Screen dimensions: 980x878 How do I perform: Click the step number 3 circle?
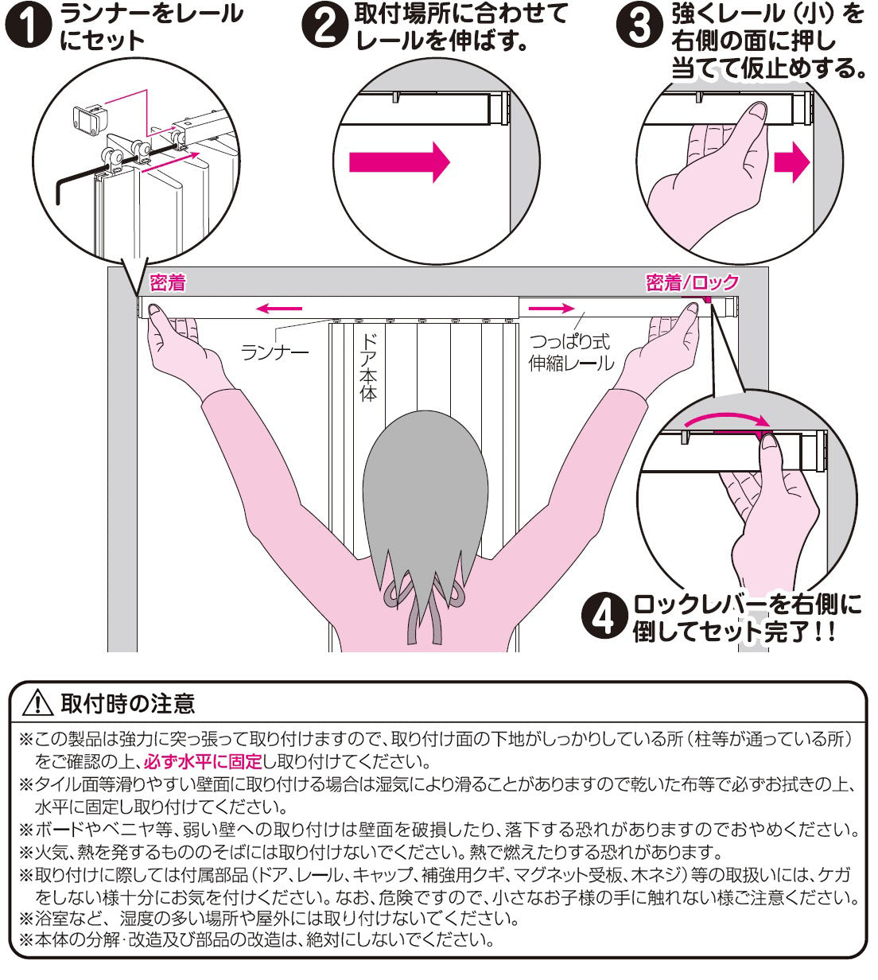639,26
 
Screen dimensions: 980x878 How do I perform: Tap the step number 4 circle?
606,618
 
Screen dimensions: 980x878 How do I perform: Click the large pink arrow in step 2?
399,162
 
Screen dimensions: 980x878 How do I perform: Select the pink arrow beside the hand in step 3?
791,164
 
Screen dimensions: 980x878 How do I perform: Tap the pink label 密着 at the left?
167,282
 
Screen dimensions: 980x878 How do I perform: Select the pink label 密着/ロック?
692,282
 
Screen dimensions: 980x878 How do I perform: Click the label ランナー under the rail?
275,351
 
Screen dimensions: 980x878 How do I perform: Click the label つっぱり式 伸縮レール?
570,352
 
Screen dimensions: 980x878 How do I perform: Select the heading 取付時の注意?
127,703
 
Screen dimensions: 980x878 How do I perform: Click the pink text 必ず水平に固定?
202,761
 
